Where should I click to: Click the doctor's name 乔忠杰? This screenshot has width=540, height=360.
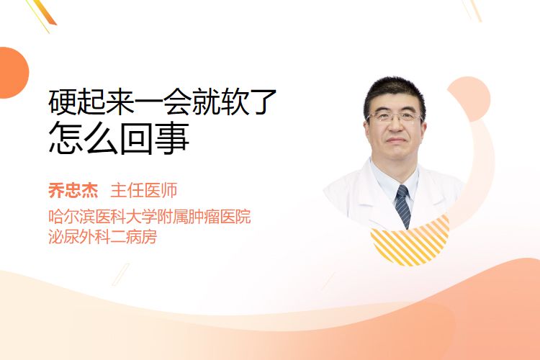[x=73, y=191]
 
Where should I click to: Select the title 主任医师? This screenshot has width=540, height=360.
[x=144, y=191]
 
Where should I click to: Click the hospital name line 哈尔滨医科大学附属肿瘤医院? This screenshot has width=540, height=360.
[x=150, y=216]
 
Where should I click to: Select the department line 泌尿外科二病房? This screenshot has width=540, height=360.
[x=103, y=237]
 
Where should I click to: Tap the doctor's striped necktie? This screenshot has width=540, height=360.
[x=403, y=205]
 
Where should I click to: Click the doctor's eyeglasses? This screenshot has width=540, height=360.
[x=395, y=117]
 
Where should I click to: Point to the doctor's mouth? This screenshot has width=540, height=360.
[x=395, y=140]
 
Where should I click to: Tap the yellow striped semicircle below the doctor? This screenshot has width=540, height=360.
[x=410, y=245]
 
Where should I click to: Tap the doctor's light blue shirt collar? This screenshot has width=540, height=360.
[x=395, y=179]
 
